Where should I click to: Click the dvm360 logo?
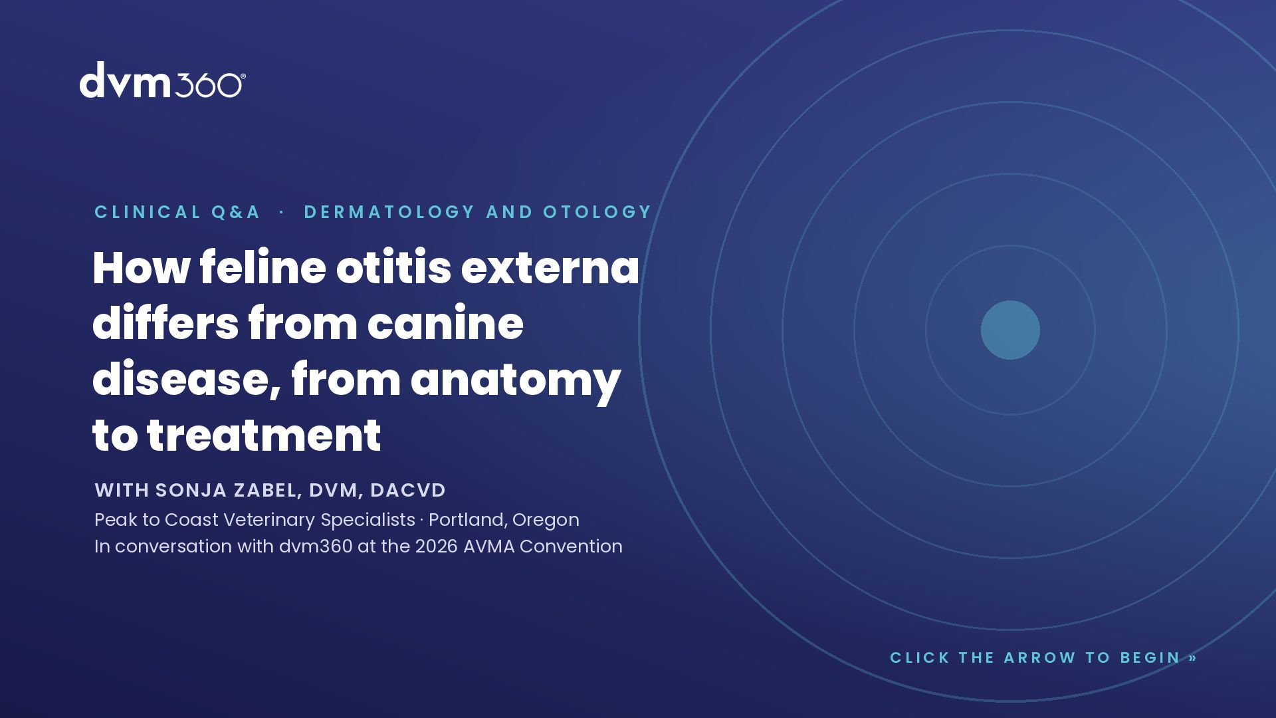click(x=163, y=80)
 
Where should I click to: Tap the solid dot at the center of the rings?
click(x=1010, y=330)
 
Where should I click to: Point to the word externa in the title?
click(x=550, y=269)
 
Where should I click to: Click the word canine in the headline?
click(x=445, y=324)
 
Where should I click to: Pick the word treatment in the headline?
click(x=264, y=436)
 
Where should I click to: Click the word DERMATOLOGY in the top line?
click(x=389, y=212)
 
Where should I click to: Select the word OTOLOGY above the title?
click(x=597, y=212)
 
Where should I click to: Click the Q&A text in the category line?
click(x=236, y=212)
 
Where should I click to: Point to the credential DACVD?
click(x=408, y=490)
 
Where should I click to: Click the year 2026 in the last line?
click(x=437, y=546)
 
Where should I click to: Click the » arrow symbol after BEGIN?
click(x=1193, y=658)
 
